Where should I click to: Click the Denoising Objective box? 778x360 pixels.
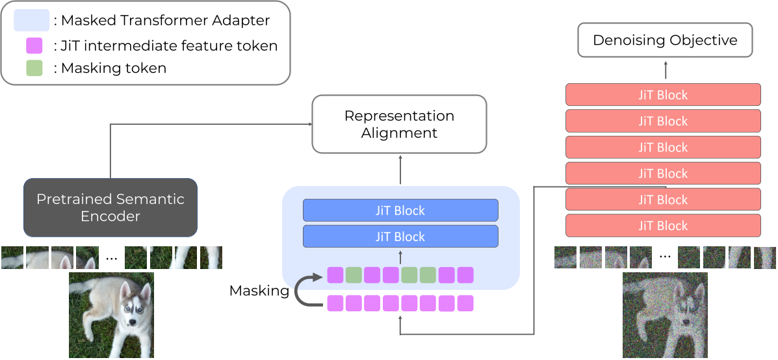pos(665,40)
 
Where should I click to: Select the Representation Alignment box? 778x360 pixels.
pos(399,124)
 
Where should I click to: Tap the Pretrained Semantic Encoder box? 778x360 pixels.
pos(110,207)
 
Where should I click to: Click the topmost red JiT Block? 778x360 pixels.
pos(663,95)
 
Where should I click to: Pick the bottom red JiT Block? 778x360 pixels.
pos(663,225)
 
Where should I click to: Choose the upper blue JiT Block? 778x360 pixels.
pos(400,211)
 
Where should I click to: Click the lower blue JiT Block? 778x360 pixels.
pos(400,237)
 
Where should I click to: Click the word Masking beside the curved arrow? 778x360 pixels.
pos(259,291)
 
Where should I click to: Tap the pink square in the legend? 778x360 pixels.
pos(34,45)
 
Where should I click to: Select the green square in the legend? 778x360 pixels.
pos(34,68)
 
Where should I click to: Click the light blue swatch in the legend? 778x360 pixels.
pos(31,20)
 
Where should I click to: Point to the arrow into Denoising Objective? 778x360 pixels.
pos(665,70)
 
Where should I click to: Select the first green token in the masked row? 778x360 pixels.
pos(354,275)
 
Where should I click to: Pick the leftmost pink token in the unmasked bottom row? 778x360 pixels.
pos(335,303)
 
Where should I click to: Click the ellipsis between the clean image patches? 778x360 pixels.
pos(111,258)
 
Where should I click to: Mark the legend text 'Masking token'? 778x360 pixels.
pos(114,68)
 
